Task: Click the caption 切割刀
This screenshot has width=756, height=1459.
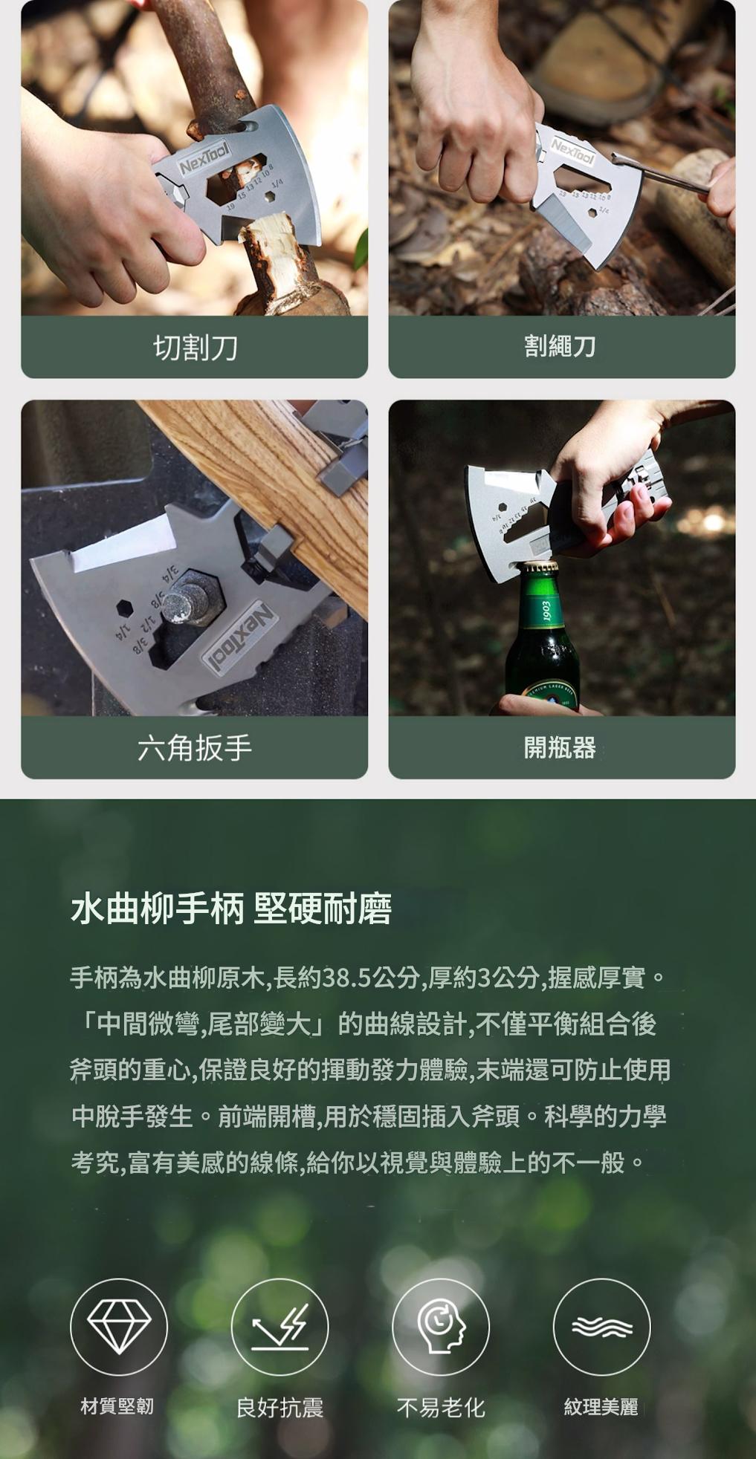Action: coord(195,347)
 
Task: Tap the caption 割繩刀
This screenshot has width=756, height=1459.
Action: coord(560,346)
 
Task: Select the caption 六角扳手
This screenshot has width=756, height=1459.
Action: coord(195,747)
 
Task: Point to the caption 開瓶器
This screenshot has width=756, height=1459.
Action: coord(560,747)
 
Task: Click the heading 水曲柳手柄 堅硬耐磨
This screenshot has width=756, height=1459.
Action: coord(230,909)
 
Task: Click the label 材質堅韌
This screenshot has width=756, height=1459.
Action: coord(117,1406)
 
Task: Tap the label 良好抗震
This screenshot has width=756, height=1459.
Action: coord(280,1407)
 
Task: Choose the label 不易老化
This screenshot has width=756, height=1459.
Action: coord(441,1407)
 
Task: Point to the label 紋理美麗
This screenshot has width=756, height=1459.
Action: coord(601,1406)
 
